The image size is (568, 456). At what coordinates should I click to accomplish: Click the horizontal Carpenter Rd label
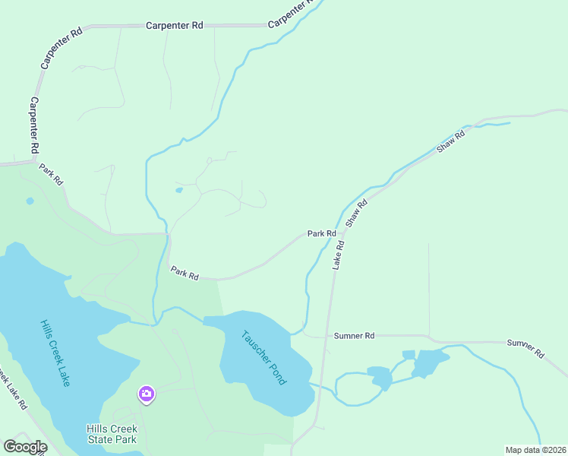(x=174, y=25)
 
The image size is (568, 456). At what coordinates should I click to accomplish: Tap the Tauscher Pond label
(x=263, y=357)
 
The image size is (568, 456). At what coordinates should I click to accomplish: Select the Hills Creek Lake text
(x=55, y=353)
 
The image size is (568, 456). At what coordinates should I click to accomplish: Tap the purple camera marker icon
(x=146, y=394)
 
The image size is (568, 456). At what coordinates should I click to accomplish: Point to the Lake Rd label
(x=339, y=255)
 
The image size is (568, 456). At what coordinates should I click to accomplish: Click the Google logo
(x=25, y=447)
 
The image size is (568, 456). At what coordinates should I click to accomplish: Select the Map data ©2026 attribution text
(x=535, y=449)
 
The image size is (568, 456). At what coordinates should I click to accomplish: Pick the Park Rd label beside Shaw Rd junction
(x=321, y=233)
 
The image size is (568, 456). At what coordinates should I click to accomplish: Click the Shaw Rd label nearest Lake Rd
(x=356, y=214)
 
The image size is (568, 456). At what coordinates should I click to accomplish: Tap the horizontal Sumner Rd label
(x=354, y=335)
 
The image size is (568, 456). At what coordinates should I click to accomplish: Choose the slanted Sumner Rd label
(x=525, y=349)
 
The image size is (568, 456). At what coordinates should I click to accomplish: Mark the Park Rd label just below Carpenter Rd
(x=52, y=176)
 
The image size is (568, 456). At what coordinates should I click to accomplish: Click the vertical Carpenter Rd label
(x=34, y=125)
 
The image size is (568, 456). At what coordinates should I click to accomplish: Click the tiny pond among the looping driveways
(x=178, y=190)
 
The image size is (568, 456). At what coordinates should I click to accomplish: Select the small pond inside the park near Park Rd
(x=30, y=201)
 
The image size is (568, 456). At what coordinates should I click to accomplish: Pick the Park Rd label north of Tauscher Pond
(x=185, y=273)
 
